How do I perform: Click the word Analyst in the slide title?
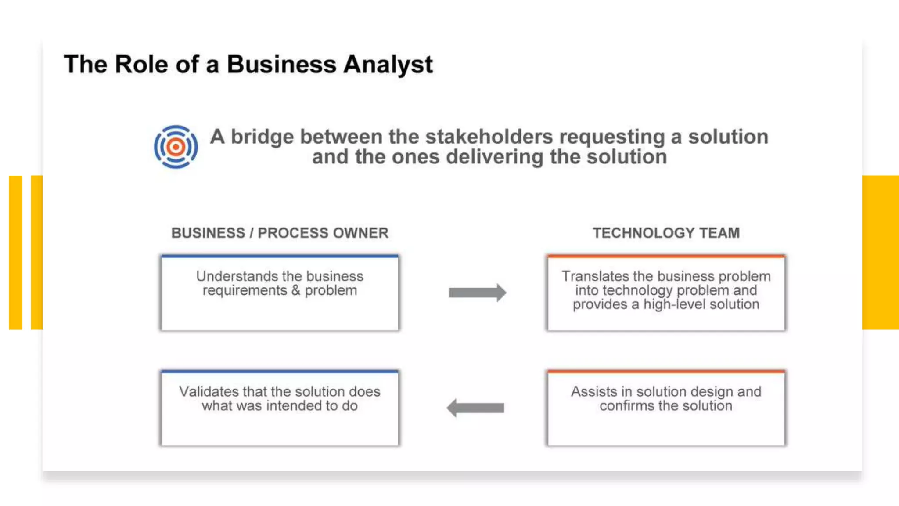(x=388, y=65)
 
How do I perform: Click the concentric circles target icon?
(x=176, y=147)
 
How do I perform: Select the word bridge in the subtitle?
(x=262, y=137)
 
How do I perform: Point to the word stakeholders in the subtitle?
(x=489, y=137)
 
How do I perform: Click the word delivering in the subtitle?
(x=495, y=157)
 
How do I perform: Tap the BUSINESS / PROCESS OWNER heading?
(x=280, y=233)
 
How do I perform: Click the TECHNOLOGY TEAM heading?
(x=666, y=233)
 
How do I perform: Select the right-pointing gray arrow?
(x=477, y=293)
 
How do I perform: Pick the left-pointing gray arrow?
(x=475, y=408)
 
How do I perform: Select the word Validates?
(x=209, y=391)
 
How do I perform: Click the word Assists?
(x=594, y=391)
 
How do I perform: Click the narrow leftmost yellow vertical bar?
(x=15, y=253)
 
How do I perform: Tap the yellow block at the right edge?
(x=880, y=253)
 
